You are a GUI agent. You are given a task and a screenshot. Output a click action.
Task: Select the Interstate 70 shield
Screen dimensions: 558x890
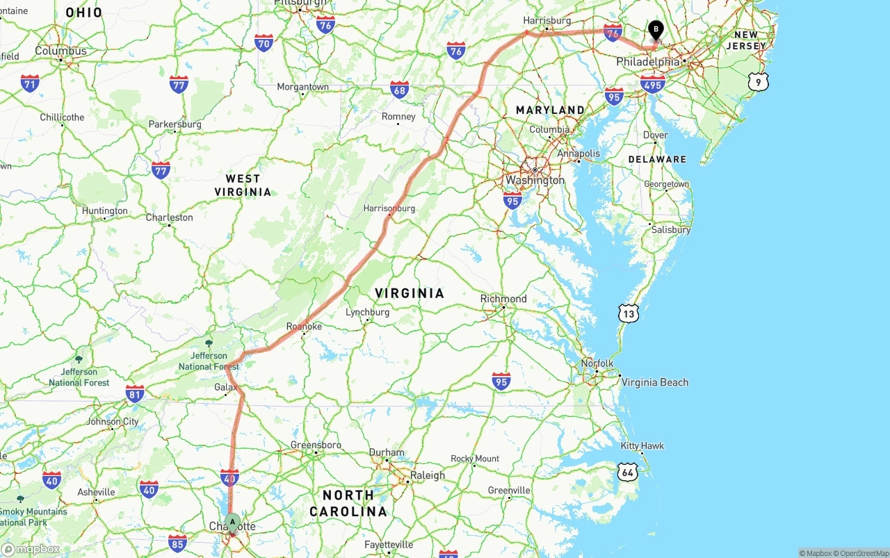click(x=264, y=43)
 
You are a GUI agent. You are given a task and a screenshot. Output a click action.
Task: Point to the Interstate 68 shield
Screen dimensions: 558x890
click(x=399, y=89)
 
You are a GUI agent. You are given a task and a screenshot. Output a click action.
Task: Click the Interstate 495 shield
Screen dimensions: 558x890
click(x=653, y=85)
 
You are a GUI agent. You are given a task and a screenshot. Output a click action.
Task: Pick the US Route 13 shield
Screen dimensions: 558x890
click(x=628, y=313)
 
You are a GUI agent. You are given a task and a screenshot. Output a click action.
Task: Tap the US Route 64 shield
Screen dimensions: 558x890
click(x=627, y=473)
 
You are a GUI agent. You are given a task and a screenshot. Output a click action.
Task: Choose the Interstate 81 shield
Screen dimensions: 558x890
click(x=135, y=394)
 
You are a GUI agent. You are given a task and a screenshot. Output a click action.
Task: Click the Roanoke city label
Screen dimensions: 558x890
click(x=304, y=326)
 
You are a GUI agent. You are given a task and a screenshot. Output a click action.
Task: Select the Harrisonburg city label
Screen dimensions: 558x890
click(x=389, y=208)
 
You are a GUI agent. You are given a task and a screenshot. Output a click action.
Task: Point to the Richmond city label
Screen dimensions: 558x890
click(x=503, y=299)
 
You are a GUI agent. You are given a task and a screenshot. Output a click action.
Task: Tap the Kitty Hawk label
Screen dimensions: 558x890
click(x=642, y=445)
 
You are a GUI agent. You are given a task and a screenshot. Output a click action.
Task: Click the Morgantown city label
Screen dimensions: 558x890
click(x=302, y=87)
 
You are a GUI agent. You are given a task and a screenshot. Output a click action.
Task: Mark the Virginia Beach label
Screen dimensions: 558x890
click(x=654, y=382)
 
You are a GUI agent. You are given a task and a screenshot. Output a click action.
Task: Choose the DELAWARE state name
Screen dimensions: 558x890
click(x=657, y=159)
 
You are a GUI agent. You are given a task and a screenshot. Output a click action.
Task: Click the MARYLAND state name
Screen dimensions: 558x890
click(x=550, y=110)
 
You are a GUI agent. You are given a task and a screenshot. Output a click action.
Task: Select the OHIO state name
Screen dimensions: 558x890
click(x=83, y=13)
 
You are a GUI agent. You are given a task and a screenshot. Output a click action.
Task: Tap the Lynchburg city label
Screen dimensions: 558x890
click(x=367, y=312)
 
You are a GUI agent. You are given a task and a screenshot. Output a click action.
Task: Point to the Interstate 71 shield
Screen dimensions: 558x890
click(x=29, y=83)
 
